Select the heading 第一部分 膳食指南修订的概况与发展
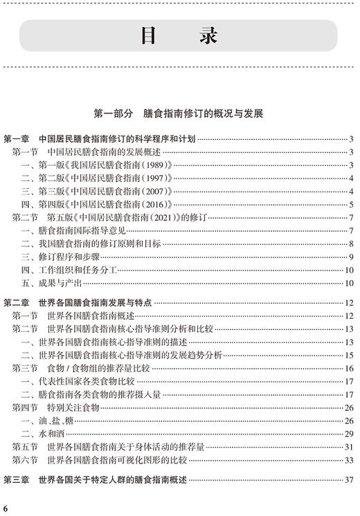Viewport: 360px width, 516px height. click(x=179, y=113)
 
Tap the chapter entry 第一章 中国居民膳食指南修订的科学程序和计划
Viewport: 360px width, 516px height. click(x=104, y=140)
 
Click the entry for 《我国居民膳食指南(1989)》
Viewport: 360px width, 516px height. click(x=96, y=165)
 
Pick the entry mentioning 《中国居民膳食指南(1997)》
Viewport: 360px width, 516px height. click(x=96, y=178)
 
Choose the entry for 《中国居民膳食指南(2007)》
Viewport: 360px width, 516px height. click(x=96, y=192)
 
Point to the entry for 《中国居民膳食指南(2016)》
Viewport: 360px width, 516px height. click(x=96, y=205)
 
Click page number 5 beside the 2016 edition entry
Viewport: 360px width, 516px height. click(x=352, y=205)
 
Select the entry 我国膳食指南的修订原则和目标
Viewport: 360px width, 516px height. click(x=90, y=244)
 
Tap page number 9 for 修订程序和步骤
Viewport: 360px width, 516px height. click(x=352, y=257)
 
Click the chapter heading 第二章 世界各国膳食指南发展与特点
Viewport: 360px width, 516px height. click(x=87, y=303)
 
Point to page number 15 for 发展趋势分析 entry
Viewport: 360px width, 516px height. click(x=350, y=356)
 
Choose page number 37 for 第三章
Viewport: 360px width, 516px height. click(x=350, y=480)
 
